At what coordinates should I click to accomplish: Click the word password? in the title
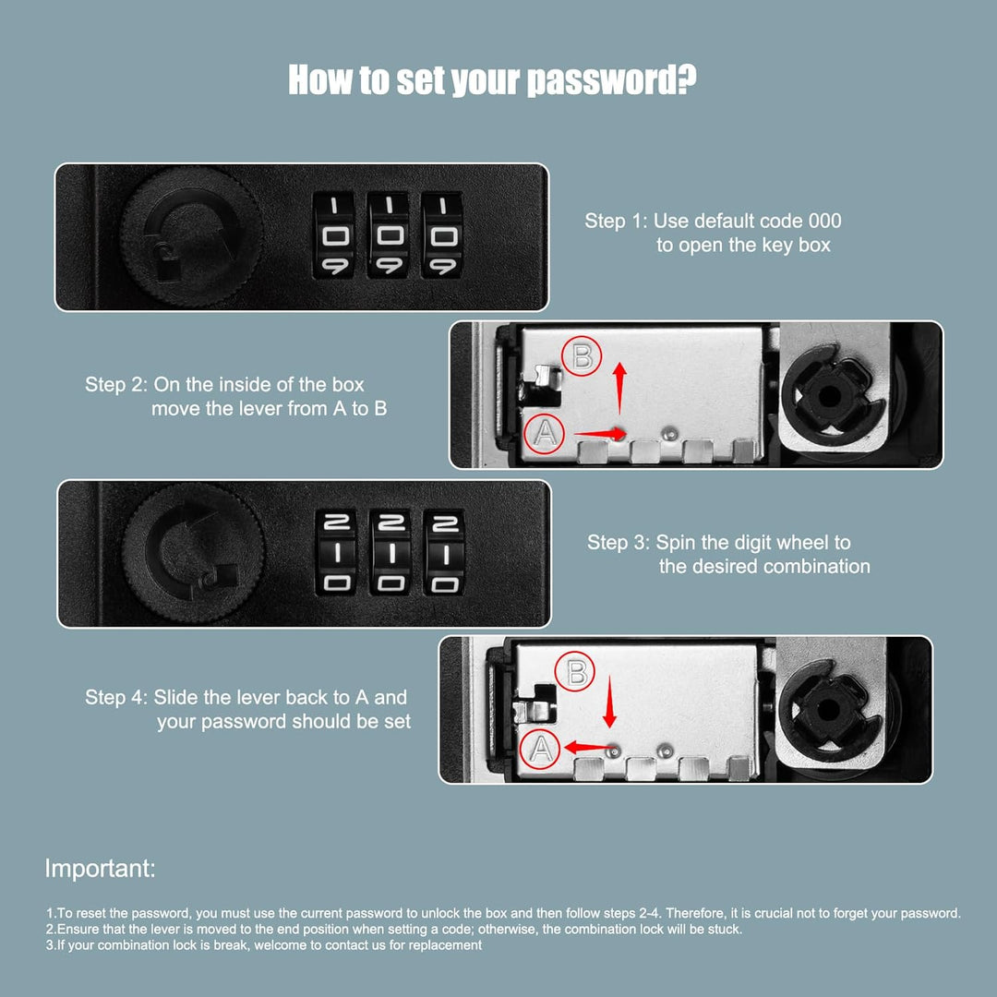tap(612, 80)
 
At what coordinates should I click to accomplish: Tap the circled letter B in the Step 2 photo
tap(582, 356)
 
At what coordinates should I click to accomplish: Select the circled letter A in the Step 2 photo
tap(545, 433)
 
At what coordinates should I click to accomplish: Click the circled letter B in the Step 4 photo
tap(575, 672)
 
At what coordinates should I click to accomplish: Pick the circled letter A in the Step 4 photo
tap(540, 749)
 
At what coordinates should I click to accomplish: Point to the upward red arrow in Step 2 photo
tap(620, 388)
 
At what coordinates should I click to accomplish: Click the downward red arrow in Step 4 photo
tap(610, 702)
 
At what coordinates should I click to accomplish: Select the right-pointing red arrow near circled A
tap(600, 434)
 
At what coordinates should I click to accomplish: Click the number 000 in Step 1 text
tap(824, 221)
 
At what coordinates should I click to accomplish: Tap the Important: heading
tap(100, 869)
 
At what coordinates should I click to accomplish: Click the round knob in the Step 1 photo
tap(191, 237)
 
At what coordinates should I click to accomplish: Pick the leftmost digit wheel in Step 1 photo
tap(334, 236)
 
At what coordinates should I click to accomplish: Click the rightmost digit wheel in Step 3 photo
tap(444, 552)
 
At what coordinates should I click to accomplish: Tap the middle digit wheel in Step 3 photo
tap(390, 552)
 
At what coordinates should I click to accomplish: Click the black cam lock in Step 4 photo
tap(827, 710)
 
